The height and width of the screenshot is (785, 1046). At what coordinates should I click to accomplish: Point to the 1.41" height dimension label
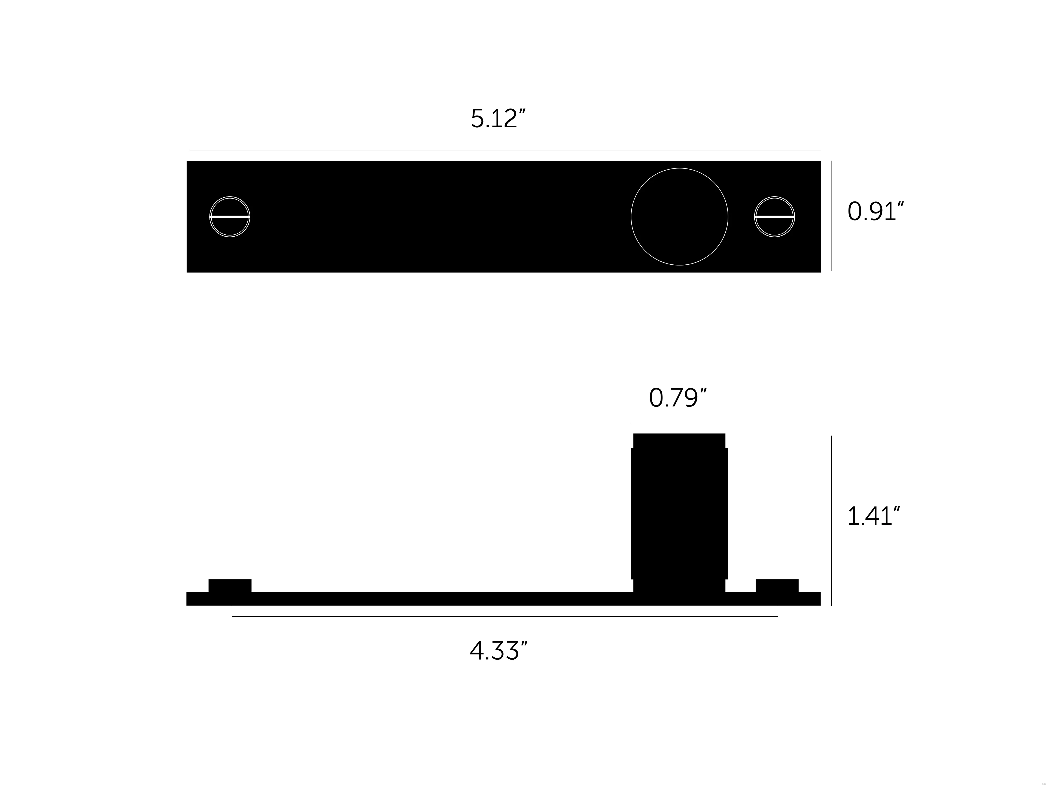(873, 516)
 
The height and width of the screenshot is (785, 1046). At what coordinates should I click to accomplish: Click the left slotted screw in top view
(230, 217)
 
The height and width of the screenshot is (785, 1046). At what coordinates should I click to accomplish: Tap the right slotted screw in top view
(775, 217)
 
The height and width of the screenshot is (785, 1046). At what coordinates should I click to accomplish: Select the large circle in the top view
(680, 168)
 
